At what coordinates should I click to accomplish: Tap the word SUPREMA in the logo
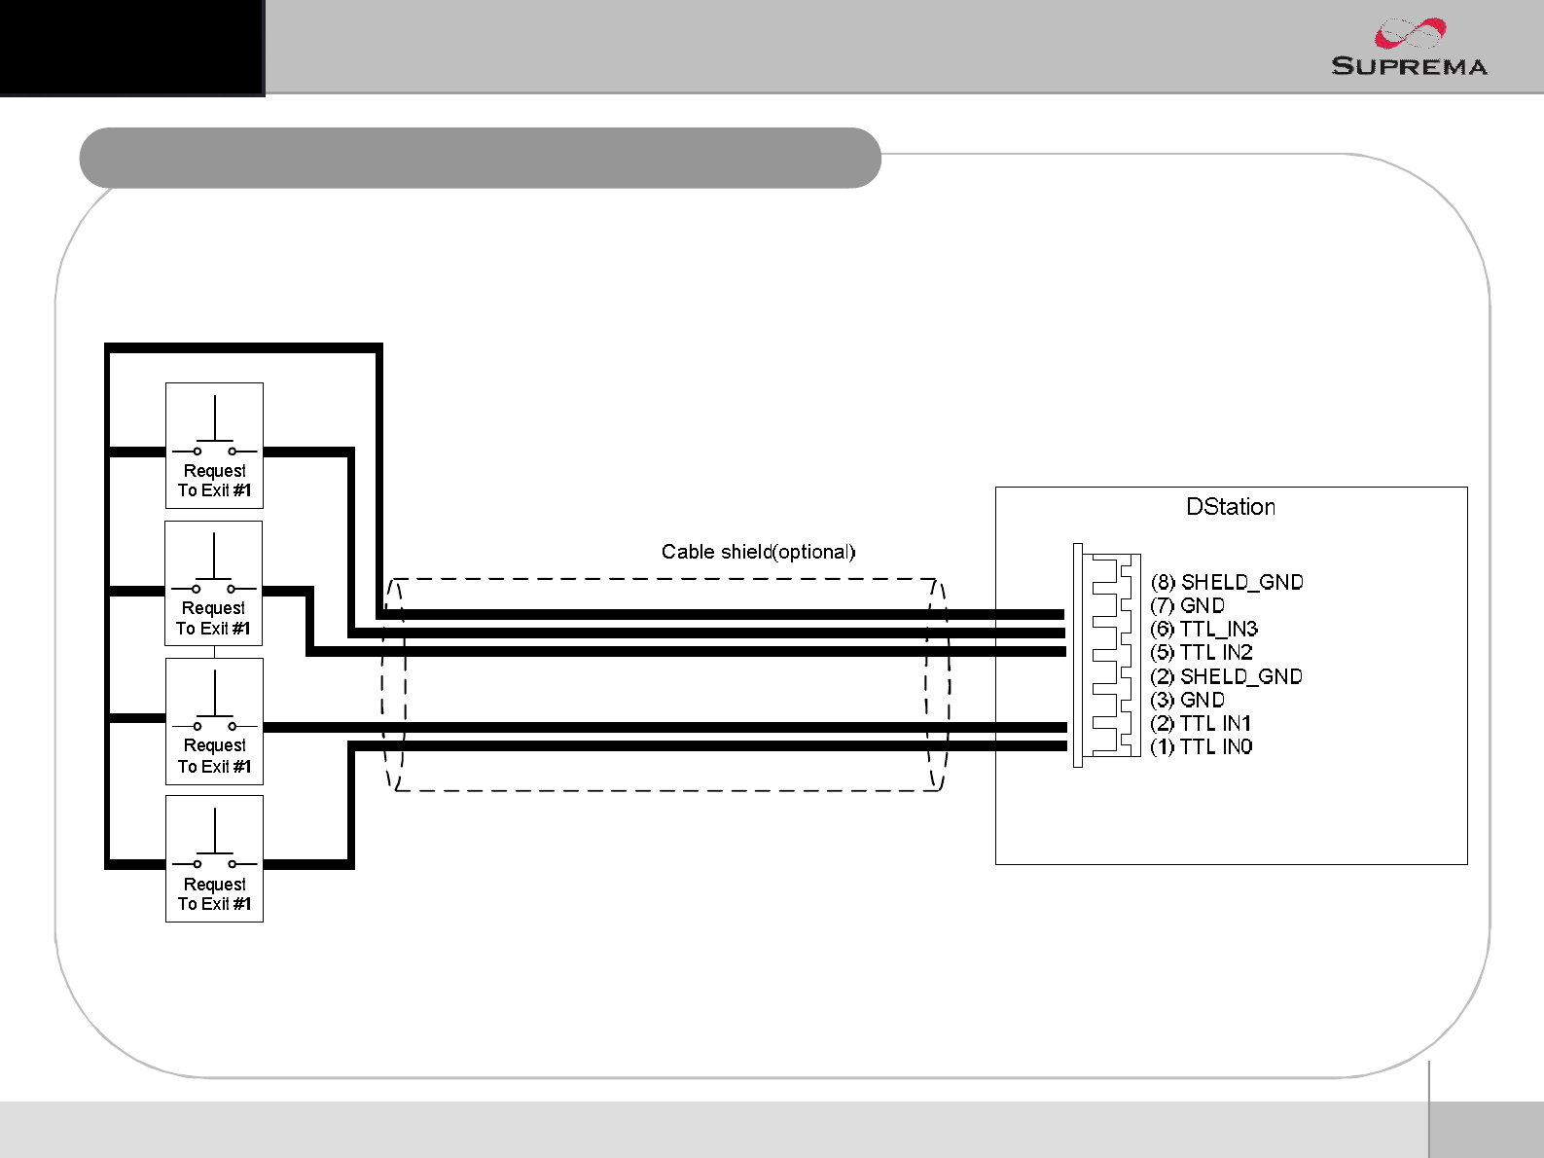coord(1409,66)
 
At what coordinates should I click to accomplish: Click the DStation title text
coord(1230,507)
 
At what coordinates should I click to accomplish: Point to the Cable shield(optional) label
coord(758,552)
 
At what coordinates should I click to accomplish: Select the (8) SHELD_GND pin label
coord(1227,582)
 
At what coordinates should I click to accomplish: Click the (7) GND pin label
coord(1188,605)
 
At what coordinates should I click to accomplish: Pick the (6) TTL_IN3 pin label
coord(1204,629)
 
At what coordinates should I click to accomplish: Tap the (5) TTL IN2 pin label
coord(1202,652)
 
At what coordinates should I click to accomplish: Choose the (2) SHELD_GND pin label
coord(1226,676)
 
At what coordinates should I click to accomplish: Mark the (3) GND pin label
coord(1188,700)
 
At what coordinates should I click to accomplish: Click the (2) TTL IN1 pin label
coord(1201,723)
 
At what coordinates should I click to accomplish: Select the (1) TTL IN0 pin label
coord(1202,746)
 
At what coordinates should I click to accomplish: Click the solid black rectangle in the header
coord(131,47)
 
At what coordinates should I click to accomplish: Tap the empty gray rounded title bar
coord(480,158)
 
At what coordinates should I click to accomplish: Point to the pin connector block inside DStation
coord(1108,655)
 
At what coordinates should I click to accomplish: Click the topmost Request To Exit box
coord(214,446)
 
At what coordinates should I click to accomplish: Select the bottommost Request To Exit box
coord(214,858)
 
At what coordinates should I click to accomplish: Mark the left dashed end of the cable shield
coord(393,684)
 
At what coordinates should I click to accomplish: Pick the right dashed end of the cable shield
coord(938,684)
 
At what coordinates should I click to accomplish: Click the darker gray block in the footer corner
coord(1486,1129)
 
